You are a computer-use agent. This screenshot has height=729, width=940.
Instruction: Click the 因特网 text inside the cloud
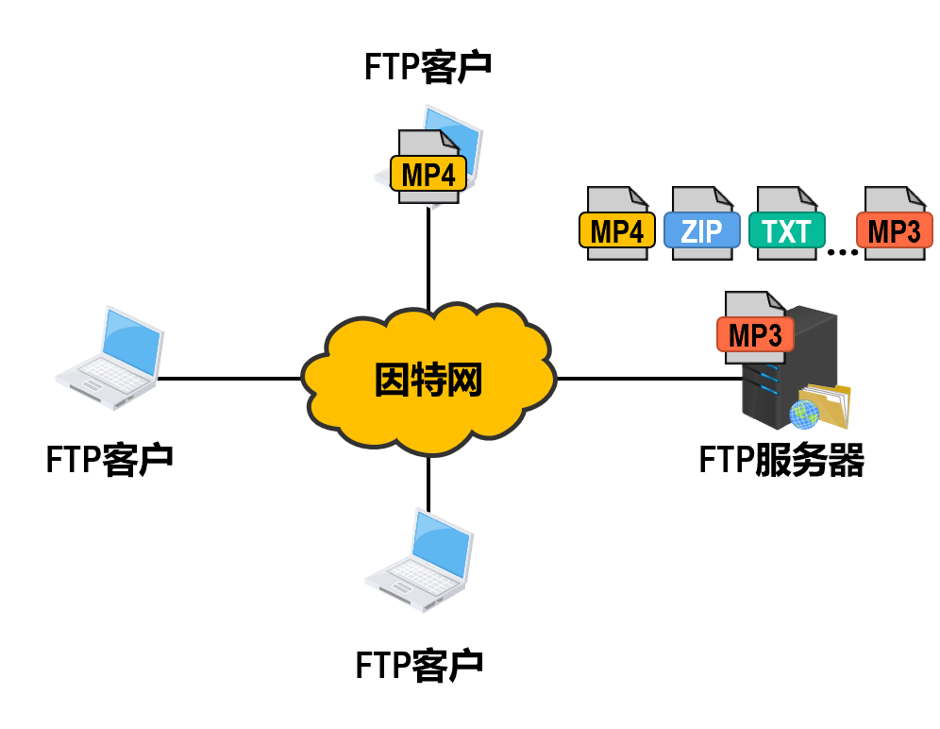point(428,380)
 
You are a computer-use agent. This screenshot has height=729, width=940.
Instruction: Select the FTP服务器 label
point(781,461)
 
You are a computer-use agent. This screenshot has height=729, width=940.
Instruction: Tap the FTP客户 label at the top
point(429,68)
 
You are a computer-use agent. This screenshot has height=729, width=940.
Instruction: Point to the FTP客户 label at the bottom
point(419,664)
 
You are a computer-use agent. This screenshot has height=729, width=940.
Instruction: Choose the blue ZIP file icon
point(702,224)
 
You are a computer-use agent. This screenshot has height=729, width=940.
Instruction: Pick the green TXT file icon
point(786,224)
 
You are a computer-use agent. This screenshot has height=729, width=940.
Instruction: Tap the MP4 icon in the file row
point(617,224)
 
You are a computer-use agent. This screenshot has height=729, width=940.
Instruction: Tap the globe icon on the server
point(803,413)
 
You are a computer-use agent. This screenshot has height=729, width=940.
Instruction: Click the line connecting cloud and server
point(646,379)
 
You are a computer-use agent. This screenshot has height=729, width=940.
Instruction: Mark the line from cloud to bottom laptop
point(428,482)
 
